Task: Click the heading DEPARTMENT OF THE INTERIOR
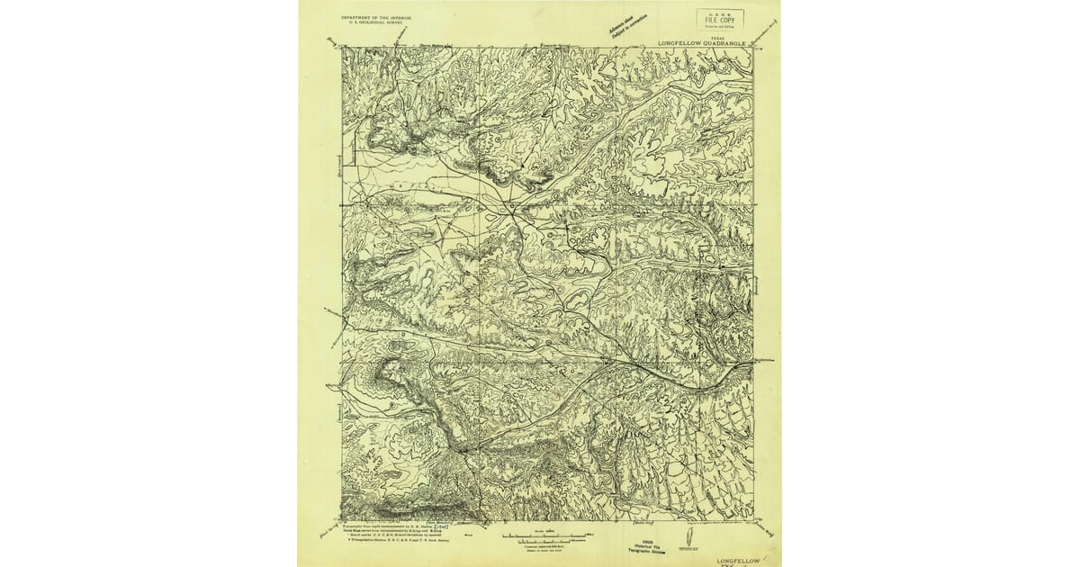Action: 376,17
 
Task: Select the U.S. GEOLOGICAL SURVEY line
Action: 376,22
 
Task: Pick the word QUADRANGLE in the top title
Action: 728,42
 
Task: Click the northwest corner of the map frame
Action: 342,48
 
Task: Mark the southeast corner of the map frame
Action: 752,521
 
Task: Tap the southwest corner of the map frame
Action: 342,521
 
